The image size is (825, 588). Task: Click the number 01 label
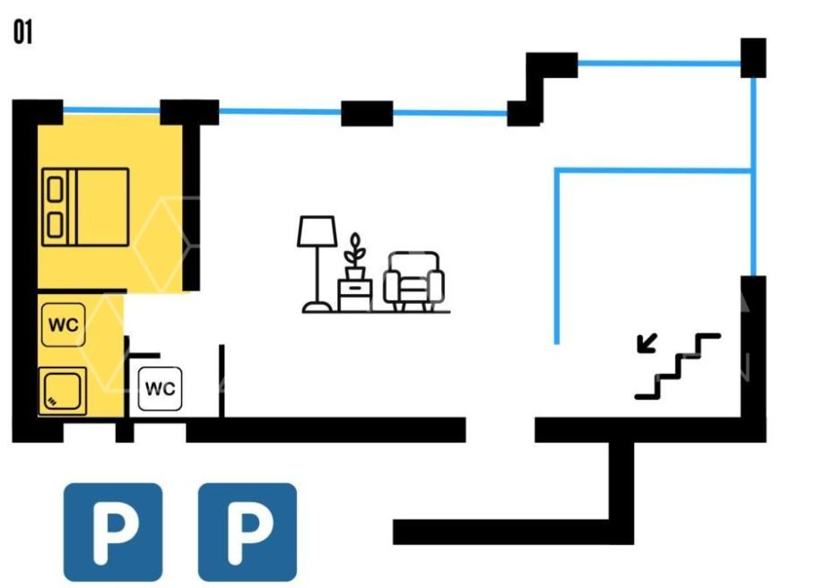coord(22,31)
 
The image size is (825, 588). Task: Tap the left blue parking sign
coord(113,532)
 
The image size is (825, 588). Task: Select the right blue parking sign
coord(247,532)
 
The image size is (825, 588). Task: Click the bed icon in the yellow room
coord(85,207)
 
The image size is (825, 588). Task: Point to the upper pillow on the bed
coord(55,189)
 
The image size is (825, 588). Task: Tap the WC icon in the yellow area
coord(63,324)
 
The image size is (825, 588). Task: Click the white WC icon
coord(160,389)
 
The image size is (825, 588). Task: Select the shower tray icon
coord(63,391)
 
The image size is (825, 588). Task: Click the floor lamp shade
coord(317,231)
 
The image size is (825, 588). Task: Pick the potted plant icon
coord(355,256)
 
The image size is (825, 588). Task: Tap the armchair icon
coord(413,281)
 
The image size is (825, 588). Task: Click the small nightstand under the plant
coord(355,295)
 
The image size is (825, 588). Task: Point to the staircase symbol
coord(678,366)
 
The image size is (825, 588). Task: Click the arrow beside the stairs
coord(647,343)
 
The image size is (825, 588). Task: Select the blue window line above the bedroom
coord(111,110)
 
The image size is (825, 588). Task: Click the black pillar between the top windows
coord(367,113)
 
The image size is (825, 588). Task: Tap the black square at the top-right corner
coord(753,58)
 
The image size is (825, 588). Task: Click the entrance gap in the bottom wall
coord(500,429)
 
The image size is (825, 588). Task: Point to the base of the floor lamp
coord(317,307)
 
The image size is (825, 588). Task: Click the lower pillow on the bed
coord(55,225)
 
